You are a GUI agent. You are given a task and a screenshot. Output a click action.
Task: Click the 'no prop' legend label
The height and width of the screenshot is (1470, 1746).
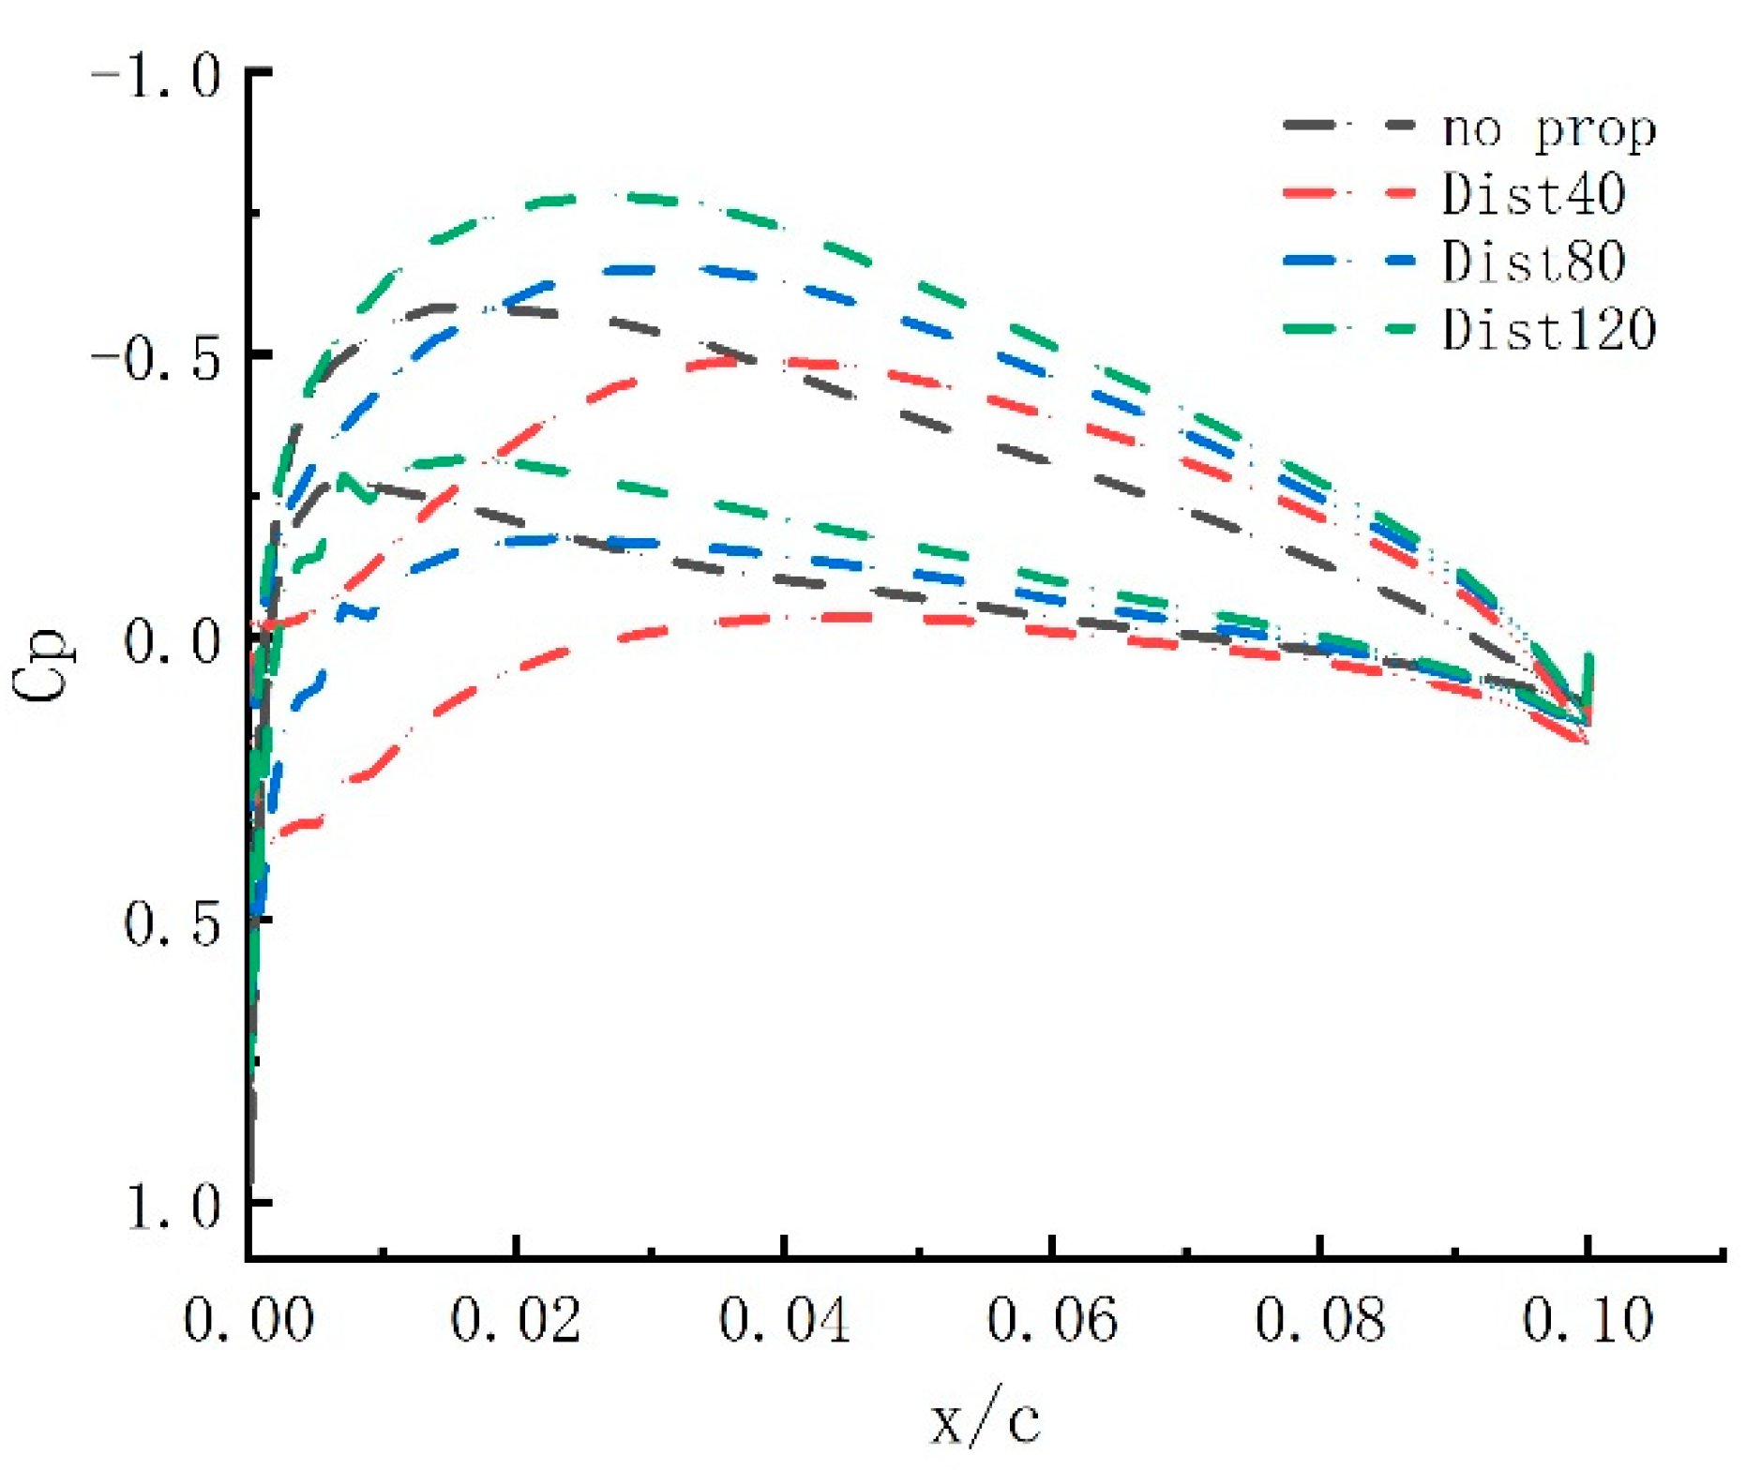pos(1548,130)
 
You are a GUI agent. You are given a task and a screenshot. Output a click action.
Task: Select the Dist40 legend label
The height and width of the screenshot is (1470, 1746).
pos(1533,194)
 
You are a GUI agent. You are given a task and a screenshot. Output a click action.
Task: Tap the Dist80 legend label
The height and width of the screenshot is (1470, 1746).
pos(1533,262)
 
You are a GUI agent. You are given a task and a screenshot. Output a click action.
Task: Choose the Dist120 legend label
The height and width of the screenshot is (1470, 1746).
pos(1548,329)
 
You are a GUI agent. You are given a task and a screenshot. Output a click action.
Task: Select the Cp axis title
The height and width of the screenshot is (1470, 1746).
pos(42,662)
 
